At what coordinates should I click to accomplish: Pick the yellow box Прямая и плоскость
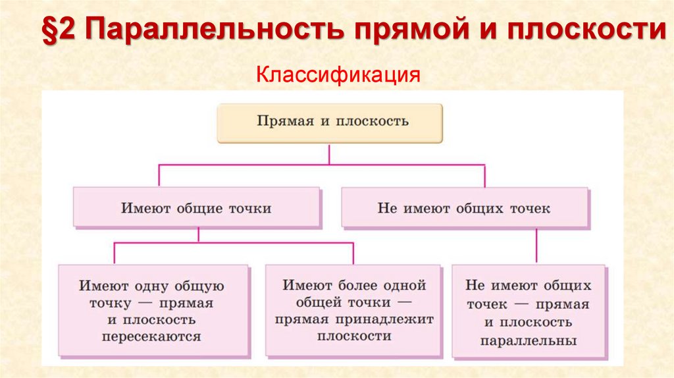(330, 122)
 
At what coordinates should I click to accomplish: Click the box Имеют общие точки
(196, 208)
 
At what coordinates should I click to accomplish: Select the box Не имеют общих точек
(464, 208)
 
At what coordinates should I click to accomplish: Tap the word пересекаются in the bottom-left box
(151, 337)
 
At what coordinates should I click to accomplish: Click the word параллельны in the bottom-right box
(528, 341)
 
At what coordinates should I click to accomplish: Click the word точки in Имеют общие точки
(249, 208)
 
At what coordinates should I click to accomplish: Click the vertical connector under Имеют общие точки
(198, 236)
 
